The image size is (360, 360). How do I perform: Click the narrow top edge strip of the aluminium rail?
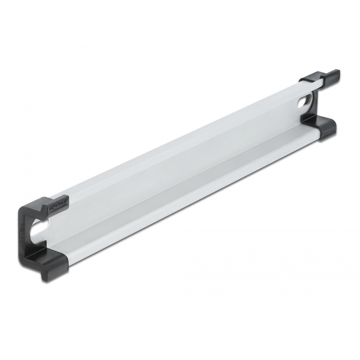180,134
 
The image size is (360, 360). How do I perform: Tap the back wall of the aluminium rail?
180,154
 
